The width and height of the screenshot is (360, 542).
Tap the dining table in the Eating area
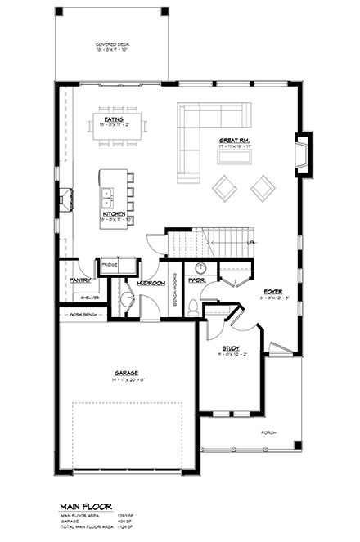tap(119, 127)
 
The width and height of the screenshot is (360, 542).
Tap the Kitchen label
tap(114, 214)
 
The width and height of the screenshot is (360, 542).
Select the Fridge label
tap(109, 265)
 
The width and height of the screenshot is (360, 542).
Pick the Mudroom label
tap(151, 283)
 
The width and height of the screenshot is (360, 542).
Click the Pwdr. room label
tap(196, 280)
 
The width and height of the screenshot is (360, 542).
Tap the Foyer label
tap(272, 291)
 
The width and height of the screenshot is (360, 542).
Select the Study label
tap(231, 349)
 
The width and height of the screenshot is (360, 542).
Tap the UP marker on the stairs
tap(250, 243)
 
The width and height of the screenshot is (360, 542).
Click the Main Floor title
tap(90, 507)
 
